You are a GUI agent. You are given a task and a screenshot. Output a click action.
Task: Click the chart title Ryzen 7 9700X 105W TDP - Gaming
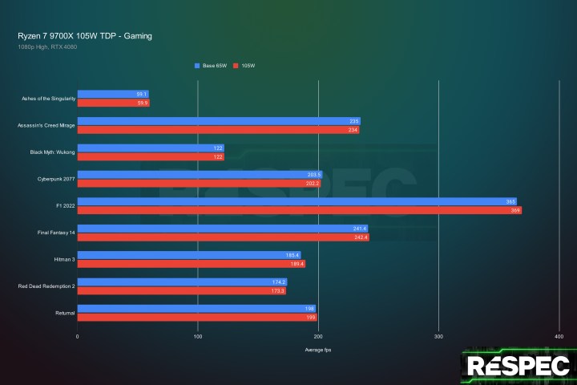(84, 36)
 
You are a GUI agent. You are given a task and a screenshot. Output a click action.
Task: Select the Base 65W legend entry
(212, 65)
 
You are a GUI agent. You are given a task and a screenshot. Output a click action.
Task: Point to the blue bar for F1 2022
(297, 201)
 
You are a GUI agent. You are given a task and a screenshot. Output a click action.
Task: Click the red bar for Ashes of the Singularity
(112, 103)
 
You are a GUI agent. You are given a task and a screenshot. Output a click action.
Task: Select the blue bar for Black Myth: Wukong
(151, 148)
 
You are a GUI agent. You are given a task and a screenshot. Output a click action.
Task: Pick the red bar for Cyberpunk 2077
(199, 184)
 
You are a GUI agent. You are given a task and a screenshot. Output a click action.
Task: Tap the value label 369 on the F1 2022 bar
(515, 210)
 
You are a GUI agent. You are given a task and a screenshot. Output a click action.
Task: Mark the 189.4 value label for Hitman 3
(297, 264)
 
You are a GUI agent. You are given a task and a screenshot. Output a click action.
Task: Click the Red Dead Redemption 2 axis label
(46, 286)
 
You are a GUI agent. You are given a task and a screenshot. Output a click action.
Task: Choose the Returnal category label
(64, 313)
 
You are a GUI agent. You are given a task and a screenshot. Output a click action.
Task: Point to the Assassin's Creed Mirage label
(46, 125)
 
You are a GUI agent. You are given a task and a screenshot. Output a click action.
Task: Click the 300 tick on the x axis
(438, 336)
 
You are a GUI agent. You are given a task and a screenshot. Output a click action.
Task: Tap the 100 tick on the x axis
(197, 336)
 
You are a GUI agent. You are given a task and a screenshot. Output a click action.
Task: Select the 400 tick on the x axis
(559, 336)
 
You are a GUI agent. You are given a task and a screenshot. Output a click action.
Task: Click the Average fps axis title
(318, 351)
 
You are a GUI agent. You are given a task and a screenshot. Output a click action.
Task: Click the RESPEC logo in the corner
(518, 366)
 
